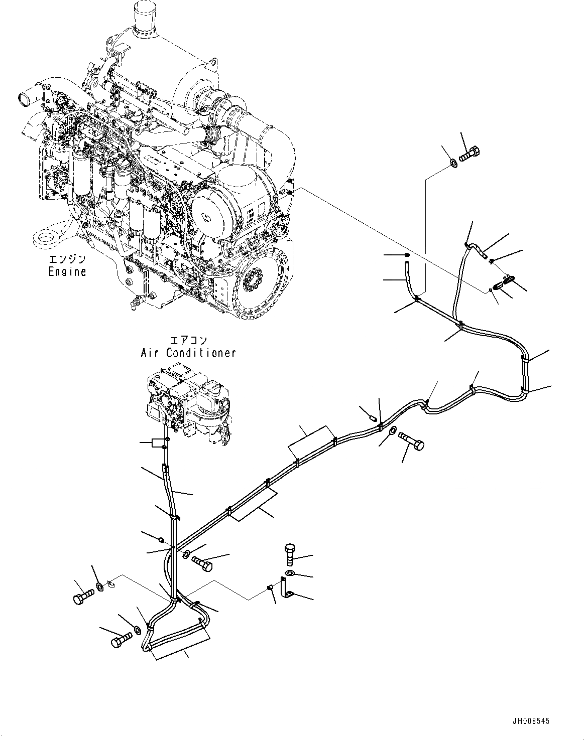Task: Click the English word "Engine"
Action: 67,271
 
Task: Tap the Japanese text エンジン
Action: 67,259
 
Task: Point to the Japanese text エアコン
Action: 188,341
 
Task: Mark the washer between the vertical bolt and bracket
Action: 291,573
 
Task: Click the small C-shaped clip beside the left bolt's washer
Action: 112,583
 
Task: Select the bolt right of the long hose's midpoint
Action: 412,441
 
